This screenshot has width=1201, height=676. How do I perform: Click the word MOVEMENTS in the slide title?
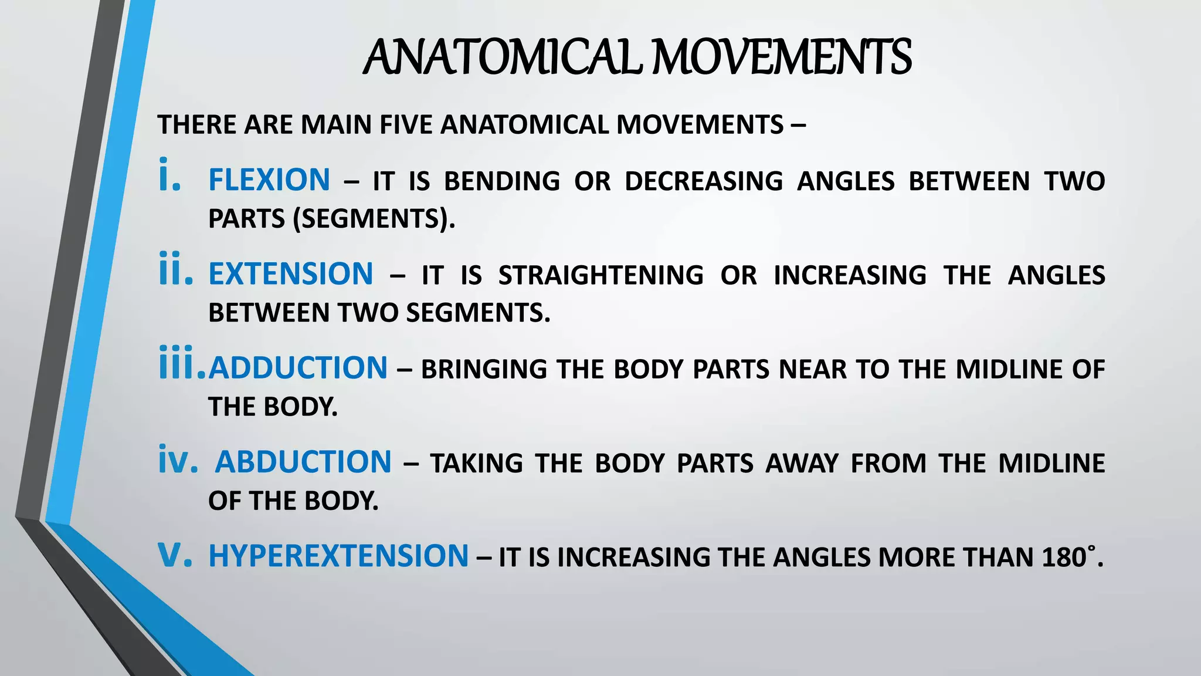pyautogui.click(x=782, y=58)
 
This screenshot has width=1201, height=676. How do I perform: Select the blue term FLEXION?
pyautogui.click(x=269, y=180)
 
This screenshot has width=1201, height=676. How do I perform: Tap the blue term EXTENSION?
pyautogui.click(x=291, y=274)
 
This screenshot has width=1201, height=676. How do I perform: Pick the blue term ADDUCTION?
pyautogui.click(x=298, y=369)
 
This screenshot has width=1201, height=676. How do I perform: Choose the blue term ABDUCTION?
pyautogui.click(x=303, y=462)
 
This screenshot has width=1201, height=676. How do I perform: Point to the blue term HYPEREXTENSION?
pyautogui.click(x=338, y=556)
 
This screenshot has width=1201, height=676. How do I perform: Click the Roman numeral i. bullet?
pyautogui.click(x=169, y=176)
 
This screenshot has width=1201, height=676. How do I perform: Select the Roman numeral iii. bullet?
pyautogui.click(x=182, y=364)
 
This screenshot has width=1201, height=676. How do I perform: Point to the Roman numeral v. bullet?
pyautogui.click(x=175, y=555)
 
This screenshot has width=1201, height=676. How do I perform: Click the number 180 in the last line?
pyautogui.click(x=1064, y=557)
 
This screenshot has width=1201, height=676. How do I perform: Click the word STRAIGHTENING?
pyautogui.click(x=601, y=275)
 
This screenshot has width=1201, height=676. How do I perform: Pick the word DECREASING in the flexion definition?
pyautogui.click(x=704, y=181)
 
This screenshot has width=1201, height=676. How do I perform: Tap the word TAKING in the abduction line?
pyautogui.click(x=476, y=464)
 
